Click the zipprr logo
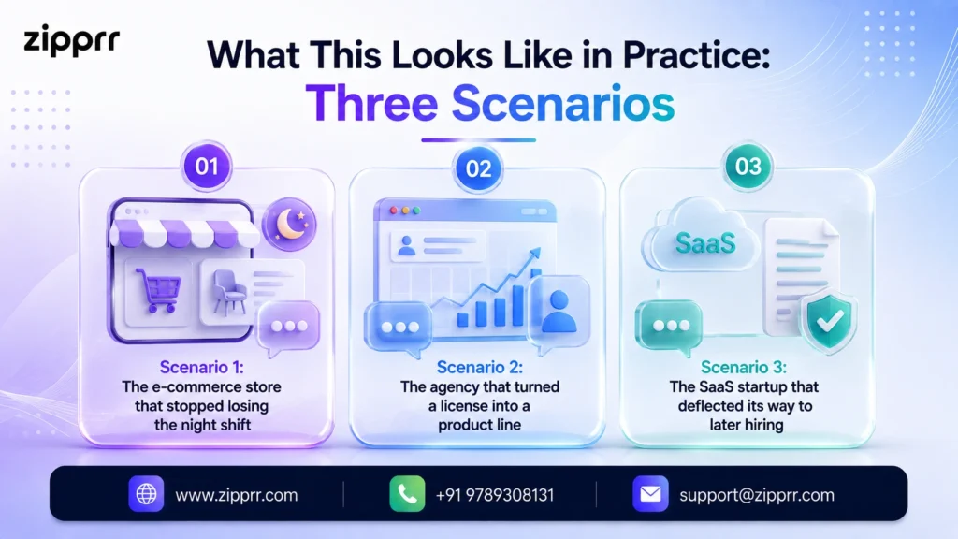pos(71,41)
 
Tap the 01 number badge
pos(207,167)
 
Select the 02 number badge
pos(478,168)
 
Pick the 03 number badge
pos(748,167)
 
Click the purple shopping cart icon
pos(158,290)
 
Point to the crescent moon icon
pos(289,225)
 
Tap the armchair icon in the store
pos(229,292)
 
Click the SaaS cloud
pos(702,239)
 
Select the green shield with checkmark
pos(829,322)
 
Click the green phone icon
pos(407,494)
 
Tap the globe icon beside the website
pos(146,494)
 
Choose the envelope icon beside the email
pos(650,494)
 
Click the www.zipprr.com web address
pos(237,495)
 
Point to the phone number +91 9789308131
pos(495,495)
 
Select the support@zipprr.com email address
pos(757,495)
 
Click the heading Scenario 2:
pos(480,367)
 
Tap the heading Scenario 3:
pos(744,367)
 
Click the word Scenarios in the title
pos(562,103)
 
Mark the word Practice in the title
pos(696,54)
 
